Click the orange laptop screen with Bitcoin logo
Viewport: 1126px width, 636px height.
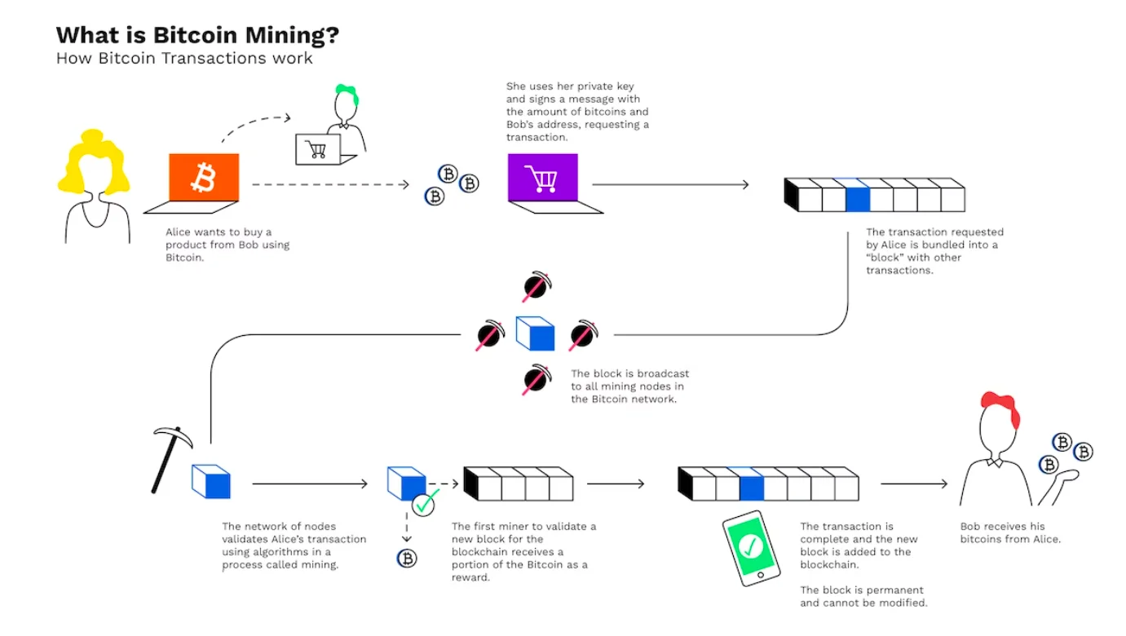click(203, 177)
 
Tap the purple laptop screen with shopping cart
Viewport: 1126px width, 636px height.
click(541, 177)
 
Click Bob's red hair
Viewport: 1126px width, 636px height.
click(1000, 407)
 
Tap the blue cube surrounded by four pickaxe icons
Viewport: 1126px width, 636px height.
click(536, 334)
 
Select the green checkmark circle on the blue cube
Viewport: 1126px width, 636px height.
click(424, 504)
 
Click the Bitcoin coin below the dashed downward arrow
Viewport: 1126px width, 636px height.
click(406, 558)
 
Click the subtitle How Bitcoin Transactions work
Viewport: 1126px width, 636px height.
click(184, 59)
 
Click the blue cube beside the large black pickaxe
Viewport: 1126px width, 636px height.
click(211, 481)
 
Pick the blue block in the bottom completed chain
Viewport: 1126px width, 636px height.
click(751, 487)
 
